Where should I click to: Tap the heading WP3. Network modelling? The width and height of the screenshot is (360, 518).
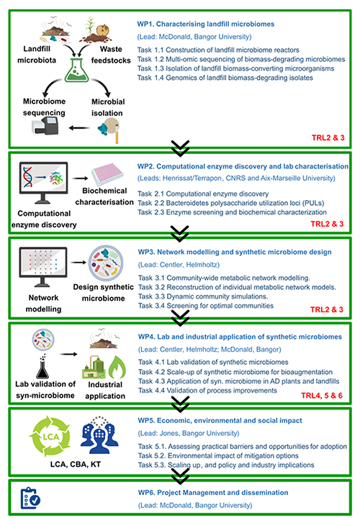(x=237, y=251)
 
